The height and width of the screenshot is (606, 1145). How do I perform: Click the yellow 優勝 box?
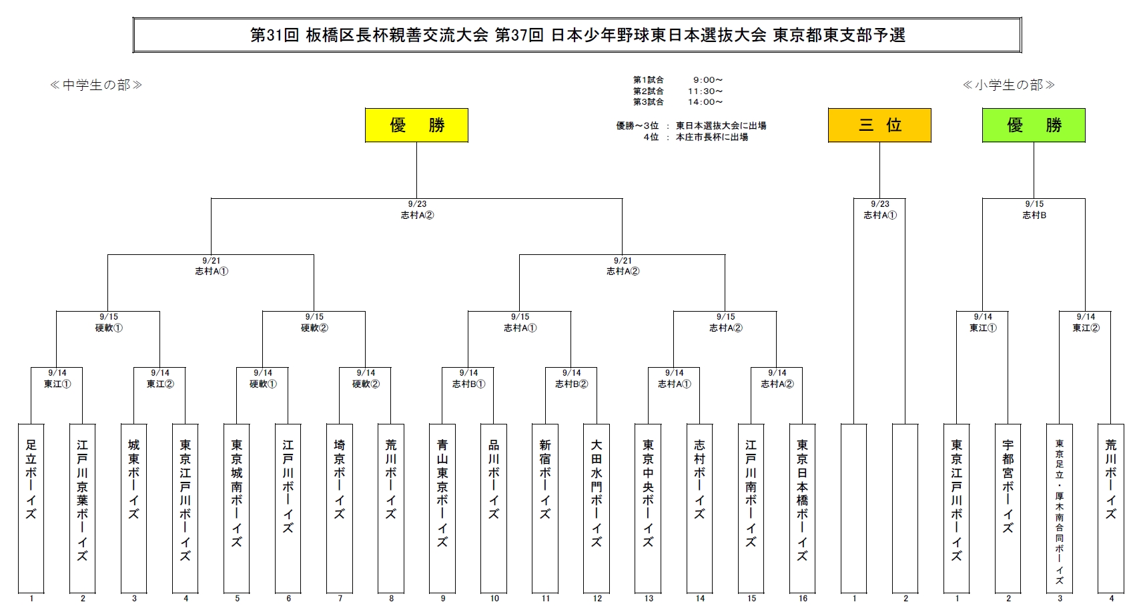(x=416, y=125)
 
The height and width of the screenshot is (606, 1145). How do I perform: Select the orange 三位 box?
(x=879, y=125)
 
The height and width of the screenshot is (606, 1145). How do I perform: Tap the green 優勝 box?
(x=1034, y=125)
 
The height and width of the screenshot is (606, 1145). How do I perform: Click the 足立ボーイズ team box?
(x=31, y=507)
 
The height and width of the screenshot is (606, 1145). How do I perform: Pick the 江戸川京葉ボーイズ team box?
(x=83, y=507)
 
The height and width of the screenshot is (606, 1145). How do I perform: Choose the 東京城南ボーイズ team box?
(x=237, y=507)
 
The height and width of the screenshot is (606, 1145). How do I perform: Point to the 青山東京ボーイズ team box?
(x=442, y=507)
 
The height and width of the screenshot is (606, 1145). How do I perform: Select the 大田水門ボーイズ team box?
(x=597, y=507)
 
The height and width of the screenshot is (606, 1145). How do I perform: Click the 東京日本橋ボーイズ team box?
(x=803, y=507)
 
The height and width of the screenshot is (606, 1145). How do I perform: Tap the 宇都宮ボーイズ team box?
(x=1008, y=507)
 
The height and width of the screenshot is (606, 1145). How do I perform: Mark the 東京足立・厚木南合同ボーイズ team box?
(x=1060, y=507)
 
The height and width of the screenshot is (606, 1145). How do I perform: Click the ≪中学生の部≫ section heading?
(x=96, y=85)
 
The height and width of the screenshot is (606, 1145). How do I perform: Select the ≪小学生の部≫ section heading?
(x=1008, y=85)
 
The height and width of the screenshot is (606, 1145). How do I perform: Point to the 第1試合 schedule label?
(x=649, y=80)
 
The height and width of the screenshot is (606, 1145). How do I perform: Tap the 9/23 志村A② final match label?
(x=417, y=210)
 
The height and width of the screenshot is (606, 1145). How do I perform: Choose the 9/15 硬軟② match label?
(x=314, y=322)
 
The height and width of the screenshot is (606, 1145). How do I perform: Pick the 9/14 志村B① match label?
(x=468, y=378)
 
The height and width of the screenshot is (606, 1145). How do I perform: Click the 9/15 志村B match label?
(x=1034, y=210)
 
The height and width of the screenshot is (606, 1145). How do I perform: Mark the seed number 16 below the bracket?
(x=803, y=599)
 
